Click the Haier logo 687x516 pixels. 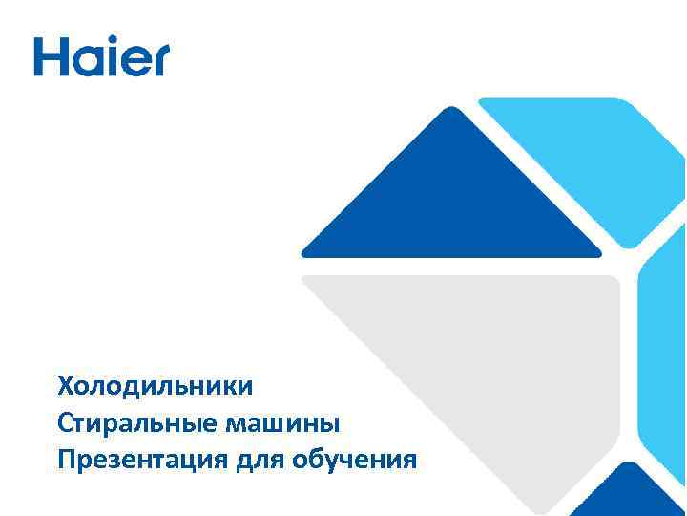pos(101,56)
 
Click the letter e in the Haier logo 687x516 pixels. pos(134,60)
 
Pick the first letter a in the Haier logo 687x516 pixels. pos(87,60)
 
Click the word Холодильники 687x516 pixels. pos(156,387)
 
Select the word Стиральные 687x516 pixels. pos(124,423)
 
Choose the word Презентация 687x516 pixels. pos(142,460)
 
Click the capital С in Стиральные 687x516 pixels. pos(65,423)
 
